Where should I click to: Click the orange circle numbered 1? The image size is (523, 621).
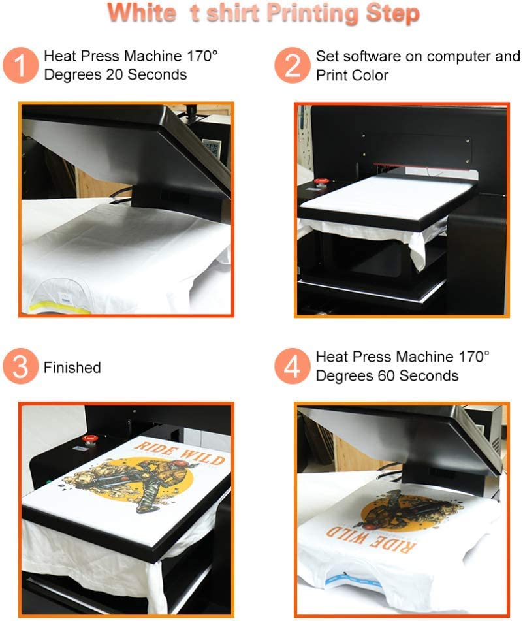click(x=21, y=66)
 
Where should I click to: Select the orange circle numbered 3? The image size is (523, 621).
click(x=21, y=367)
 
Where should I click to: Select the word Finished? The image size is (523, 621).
click(x=72, y=368)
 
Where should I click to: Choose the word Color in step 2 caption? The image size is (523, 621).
click(x=370, y=76)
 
